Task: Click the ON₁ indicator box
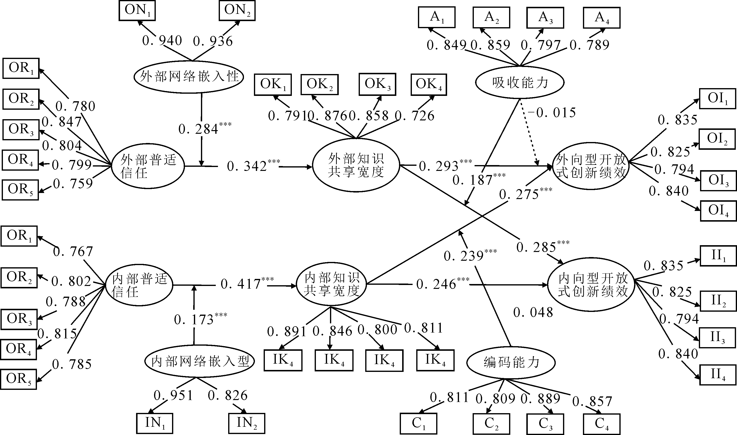point(137,10)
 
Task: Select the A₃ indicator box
point(545,17)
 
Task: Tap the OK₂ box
point(320,84)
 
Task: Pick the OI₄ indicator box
point(718,210)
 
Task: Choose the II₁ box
point(718,256)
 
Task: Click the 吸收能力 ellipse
point(520,83)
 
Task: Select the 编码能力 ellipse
point(511,363)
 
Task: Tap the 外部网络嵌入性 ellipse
point(189,77)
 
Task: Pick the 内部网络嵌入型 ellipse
point(199,362)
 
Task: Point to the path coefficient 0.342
point(247,167)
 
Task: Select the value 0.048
point(533,313)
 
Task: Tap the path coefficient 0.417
point(241,284)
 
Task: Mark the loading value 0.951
point(173,395)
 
